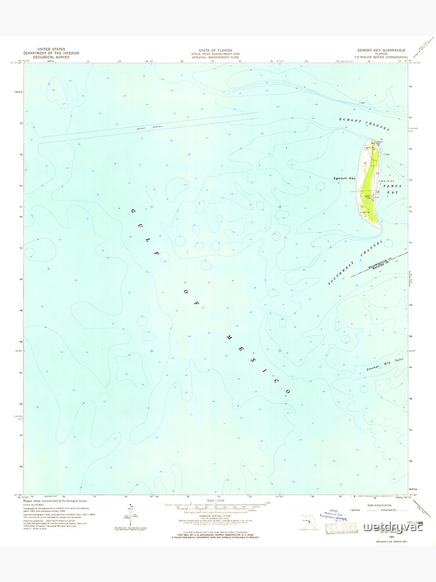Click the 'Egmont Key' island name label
coord(344,178)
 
